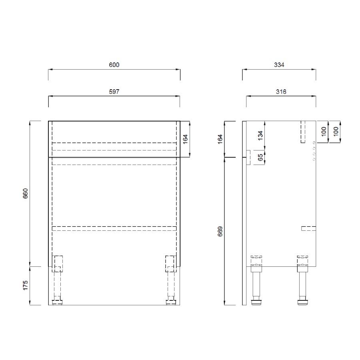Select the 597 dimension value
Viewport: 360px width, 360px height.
click(114, 92)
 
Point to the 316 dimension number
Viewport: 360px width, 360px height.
click(281, 92)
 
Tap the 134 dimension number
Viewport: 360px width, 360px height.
click(260, 136)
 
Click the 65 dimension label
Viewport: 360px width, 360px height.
click(260, 158)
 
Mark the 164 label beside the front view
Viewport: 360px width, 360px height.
click(186, 138)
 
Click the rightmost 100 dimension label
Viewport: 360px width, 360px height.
click(336, 131)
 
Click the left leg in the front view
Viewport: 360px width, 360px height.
click(57, 280)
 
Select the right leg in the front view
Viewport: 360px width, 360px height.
click(171, 280)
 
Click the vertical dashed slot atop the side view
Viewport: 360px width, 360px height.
click(303, 131)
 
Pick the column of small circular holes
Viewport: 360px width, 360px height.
click(314, 151)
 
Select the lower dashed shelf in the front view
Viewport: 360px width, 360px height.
click(114, 228)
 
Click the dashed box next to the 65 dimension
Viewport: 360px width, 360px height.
click(248, 158)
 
